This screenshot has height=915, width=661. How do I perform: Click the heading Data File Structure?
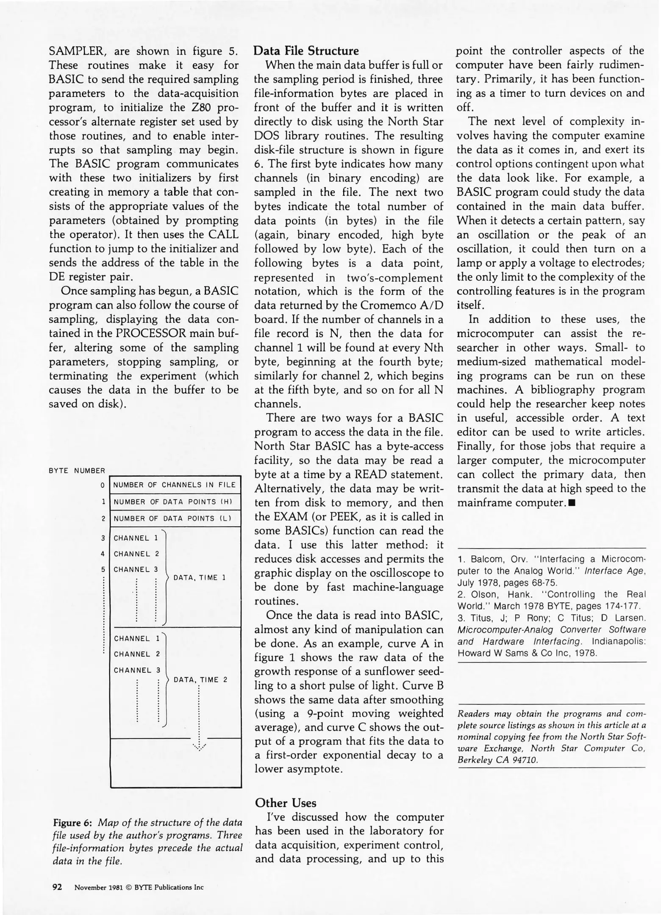[306, 51]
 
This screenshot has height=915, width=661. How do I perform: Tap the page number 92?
[57, 887]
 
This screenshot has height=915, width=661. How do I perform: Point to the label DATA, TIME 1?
[200, 578]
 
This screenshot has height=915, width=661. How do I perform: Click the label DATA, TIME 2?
[201, 680]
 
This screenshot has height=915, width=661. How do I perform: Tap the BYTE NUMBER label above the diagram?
[77, 471]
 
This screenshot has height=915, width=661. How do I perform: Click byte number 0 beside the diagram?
[103, 485]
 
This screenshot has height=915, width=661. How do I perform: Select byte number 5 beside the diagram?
[103, 570]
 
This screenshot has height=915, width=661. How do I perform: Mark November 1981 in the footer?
[99, 887]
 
